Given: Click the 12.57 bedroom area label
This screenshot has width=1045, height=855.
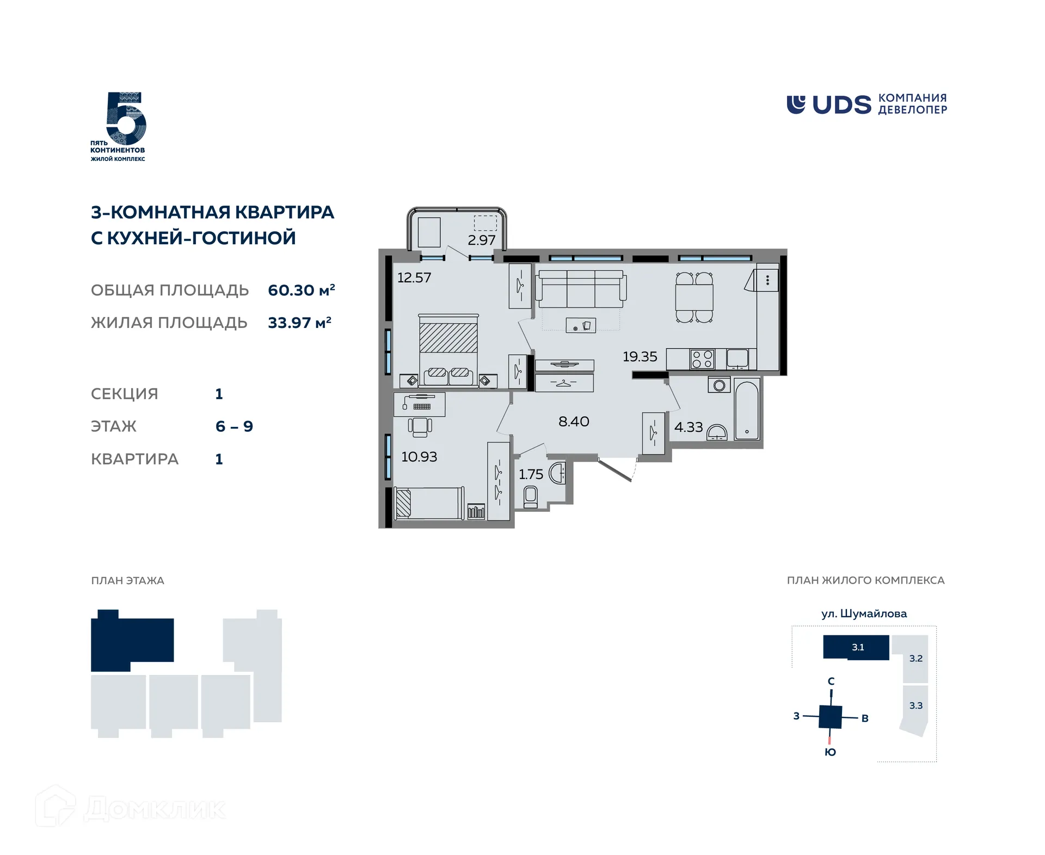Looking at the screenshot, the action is pos(414,277).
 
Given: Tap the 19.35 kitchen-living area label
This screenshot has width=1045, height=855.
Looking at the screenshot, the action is pos(640,356).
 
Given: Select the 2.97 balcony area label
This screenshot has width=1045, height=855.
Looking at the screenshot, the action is pos(482,240).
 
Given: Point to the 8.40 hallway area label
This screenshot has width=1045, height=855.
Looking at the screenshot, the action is pos(574,421).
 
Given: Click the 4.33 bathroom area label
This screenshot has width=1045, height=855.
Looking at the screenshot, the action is pos(689,427).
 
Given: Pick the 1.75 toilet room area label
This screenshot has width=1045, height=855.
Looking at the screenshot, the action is pos(531,474).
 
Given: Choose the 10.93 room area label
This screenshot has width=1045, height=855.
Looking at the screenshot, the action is pos(419,456).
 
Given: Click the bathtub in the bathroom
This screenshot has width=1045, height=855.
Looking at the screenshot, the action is pos(747,410).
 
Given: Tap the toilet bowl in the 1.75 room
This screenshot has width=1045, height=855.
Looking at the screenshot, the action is pos(530,497).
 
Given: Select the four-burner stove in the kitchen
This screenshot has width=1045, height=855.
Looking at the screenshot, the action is pos(702,360).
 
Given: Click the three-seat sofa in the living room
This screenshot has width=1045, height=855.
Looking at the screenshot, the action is pos(581,289).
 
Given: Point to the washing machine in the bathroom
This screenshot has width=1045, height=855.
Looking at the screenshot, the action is pos(719,385).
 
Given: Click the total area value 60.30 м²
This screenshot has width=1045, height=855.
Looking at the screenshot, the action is pos(302,290).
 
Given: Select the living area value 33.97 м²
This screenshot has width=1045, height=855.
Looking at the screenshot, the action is pos(299,323).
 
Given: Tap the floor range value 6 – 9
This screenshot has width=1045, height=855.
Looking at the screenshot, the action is pos(234,426).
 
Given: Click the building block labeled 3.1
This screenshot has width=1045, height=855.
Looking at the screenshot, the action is pos(856,647).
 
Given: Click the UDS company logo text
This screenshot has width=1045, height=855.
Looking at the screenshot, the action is pos(841,105).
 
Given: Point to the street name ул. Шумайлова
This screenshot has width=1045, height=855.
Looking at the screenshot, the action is pos(864,614).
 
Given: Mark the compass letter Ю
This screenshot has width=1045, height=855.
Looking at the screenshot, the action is pos(830,752).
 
